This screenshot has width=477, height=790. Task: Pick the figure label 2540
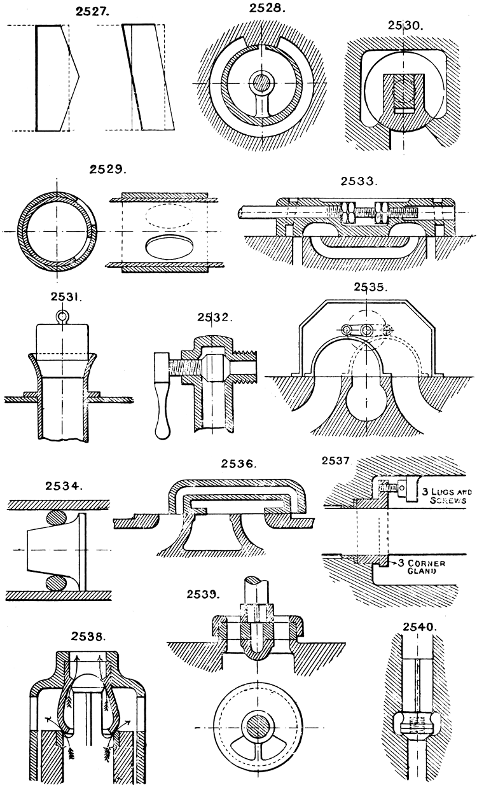(421, 627)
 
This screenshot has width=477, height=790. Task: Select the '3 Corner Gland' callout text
(437, 567)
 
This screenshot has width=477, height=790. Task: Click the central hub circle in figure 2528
(260, 82)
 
